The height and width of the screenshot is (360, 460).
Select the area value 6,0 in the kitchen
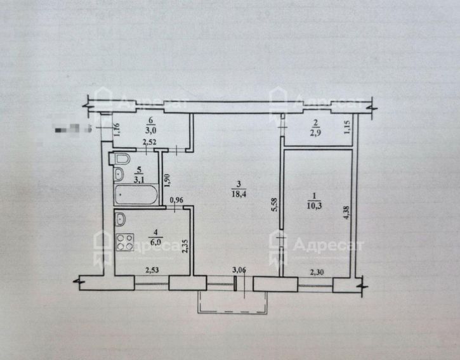[x=155, y=241]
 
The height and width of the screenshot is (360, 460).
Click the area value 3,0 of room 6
[x=150, y=126]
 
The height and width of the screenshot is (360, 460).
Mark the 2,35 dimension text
[x=185, y=244]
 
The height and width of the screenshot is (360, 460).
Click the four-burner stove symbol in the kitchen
[x=124, y=242]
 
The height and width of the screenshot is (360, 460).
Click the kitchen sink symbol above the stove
[x=121, y=220]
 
